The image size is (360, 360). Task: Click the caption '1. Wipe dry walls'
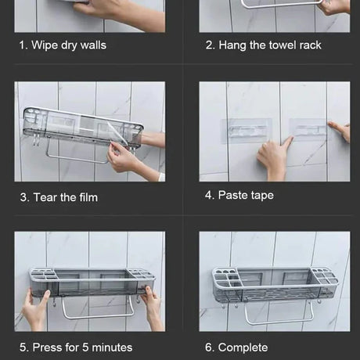click(63, 45)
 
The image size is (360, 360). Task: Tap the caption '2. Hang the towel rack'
click(264, 45)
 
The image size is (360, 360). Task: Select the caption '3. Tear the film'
click(59, 197)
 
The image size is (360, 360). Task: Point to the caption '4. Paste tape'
click(239, 195)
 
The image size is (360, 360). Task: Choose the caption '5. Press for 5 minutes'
click(76, 347)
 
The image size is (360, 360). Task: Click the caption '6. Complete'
click(236, 347)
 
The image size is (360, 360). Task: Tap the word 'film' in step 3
click(88, 197)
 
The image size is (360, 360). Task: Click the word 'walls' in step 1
click(93, 45)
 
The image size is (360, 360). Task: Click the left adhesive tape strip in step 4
click(247, 131)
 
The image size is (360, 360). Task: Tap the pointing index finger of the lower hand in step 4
click(287, 142)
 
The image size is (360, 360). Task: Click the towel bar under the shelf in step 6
click(279, 315)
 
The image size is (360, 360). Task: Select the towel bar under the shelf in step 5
click(99, 311)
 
